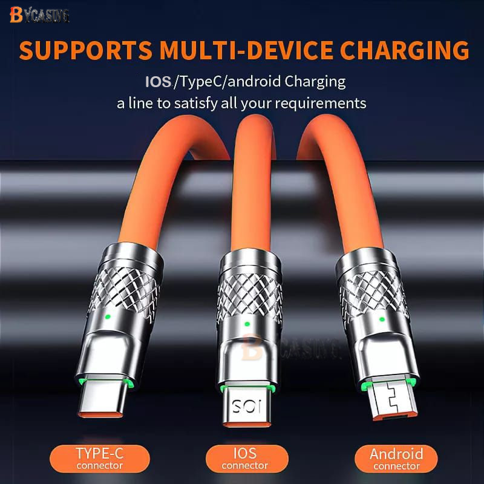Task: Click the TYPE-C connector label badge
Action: (x=100, y=458)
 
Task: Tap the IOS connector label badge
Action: (x=244, y=458)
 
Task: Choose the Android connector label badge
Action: (x=396, y=458)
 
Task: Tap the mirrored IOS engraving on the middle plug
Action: (x=244, y=404)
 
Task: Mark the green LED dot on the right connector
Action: (x=382, y=318)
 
